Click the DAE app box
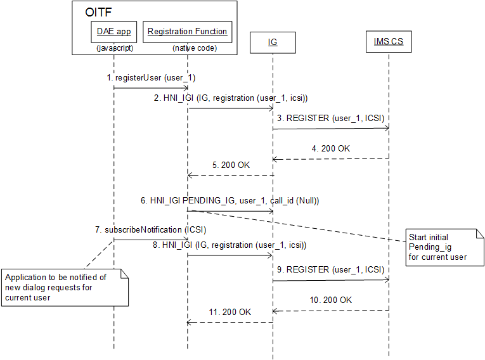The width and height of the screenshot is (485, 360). (x=114, y=32)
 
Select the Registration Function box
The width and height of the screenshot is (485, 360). (x=187, y=32)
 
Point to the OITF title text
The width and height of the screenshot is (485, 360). (x=100, y=13)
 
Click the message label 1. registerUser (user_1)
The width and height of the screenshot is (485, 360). (x=151, y=78)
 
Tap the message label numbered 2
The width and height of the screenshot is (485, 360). (x=231, y=98)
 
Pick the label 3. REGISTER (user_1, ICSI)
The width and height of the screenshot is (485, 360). (x=330, y=119)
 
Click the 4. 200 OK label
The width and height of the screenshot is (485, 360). (x=331, y=149)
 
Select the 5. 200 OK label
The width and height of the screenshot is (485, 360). (x=231, y=165)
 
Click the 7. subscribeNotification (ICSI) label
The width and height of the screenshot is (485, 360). (x=151, y=230)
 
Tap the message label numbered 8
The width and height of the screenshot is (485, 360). (x=231, y=245)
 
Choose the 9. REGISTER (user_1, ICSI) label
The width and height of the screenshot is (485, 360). (x=330, y=269)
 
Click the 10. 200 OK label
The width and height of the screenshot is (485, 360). (x=331, y=300)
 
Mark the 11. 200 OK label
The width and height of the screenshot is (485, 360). (x=231, y=312)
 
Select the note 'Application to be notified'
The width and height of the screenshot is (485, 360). (x=65, y=287)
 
